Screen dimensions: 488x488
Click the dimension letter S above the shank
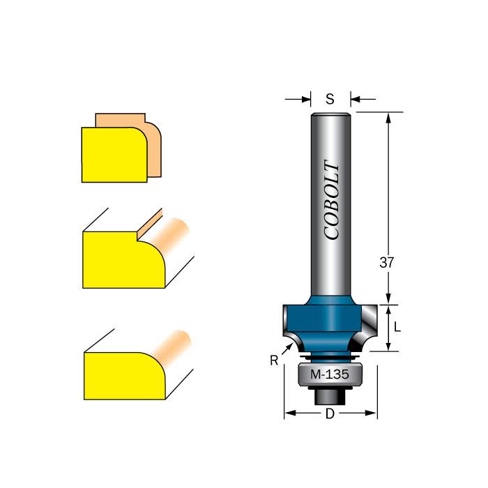(x=330, y=99)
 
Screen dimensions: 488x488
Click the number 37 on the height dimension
(x=388, y=263)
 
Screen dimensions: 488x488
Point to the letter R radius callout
(x=274, y=360)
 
